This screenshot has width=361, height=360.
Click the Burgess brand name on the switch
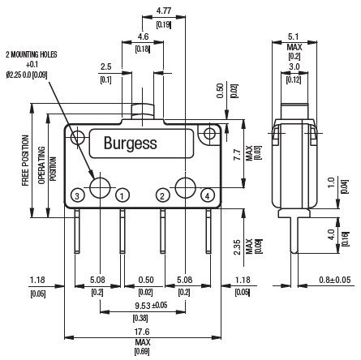pos(131,144)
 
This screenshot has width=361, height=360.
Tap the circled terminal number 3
pos(77,195)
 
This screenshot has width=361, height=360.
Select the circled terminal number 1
pos(122,195)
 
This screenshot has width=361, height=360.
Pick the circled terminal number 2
pos(162,195)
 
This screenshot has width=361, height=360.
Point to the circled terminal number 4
pos(208,195)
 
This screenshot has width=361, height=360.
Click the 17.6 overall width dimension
pos(142,332)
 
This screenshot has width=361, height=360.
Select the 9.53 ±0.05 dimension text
pos(151,306)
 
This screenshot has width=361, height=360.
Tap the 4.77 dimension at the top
pos(164,11)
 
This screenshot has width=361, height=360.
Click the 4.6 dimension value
pos(143,36)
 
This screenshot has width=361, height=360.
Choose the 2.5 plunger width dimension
pos(105,66)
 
